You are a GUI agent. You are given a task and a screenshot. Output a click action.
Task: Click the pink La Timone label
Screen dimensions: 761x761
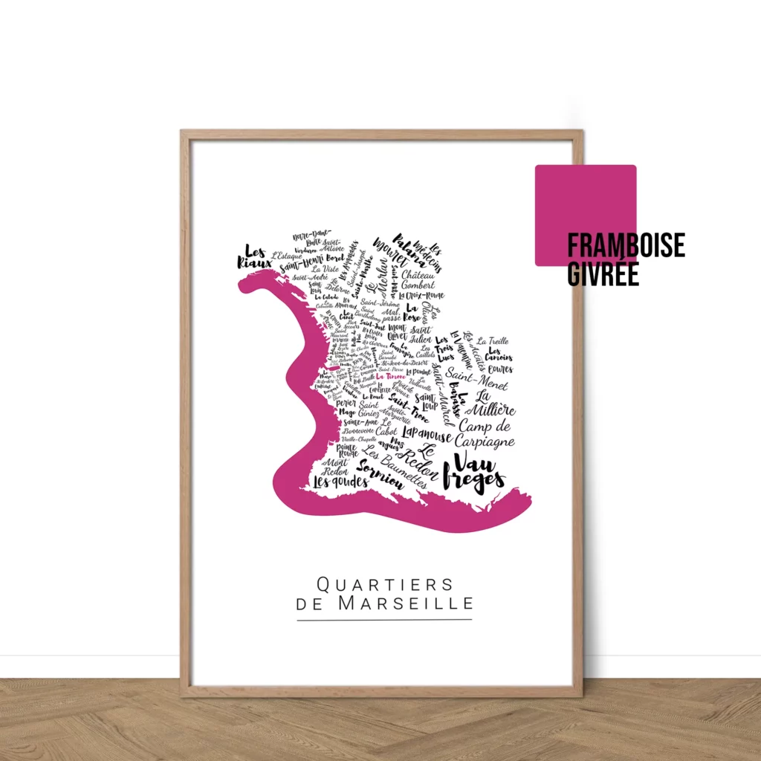pyautogui.click(x=391, y=377)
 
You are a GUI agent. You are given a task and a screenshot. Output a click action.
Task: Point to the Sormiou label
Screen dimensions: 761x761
pyautogui.click(x=380, y=475)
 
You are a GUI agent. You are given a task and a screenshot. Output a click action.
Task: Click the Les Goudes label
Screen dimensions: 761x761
pyautogui.click(x=340, y=482)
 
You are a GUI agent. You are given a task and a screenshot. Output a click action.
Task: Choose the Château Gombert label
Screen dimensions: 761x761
pyautogui.click(x=418, y=279)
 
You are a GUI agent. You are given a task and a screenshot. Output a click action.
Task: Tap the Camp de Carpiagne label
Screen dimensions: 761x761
pyautogui.click(x=485, y=434)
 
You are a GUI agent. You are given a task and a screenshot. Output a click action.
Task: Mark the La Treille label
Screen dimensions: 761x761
pyautogui.click(x=493, y=341)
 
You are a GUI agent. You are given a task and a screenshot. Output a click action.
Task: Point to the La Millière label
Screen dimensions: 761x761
pyautogui.click(x=494, y=403)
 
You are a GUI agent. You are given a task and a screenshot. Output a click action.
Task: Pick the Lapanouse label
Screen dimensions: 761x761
pyautogui.click(x=426, y=435)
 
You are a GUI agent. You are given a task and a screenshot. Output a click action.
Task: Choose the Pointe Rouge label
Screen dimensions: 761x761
pyautogui.click(x=347, y=450)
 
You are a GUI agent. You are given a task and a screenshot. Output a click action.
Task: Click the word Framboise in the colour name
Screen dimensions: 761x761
pyautogui.click(x=626, y=246)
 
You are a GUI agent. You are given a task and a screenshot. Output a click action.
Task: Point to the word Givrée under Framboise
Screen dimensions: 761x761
pyautogui.click(x=603, y=273)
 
